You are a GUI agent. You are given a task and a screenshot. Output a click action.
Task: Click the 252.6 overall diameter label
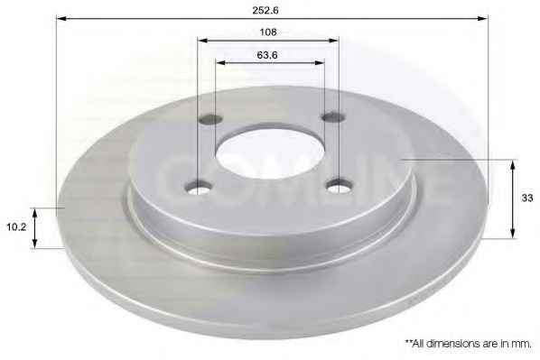(265, 10)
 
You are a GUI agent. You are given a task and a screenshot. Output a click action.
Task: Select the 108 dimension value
(268, 32)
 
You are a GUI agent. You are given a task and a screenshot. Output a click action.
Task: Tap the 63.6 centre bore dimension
(267, 55)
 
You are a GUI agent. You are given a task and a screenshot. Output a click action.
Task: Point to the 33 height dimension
(527, 198)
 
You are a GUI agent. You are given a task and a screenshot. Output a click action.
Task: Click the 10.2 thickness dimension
(16, 227)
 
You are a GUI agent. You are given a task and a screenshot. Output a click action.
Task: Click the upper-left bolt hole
(210, 119)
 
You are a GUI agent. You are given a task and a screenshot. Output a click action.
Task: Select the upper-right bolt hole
(333, 116)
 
